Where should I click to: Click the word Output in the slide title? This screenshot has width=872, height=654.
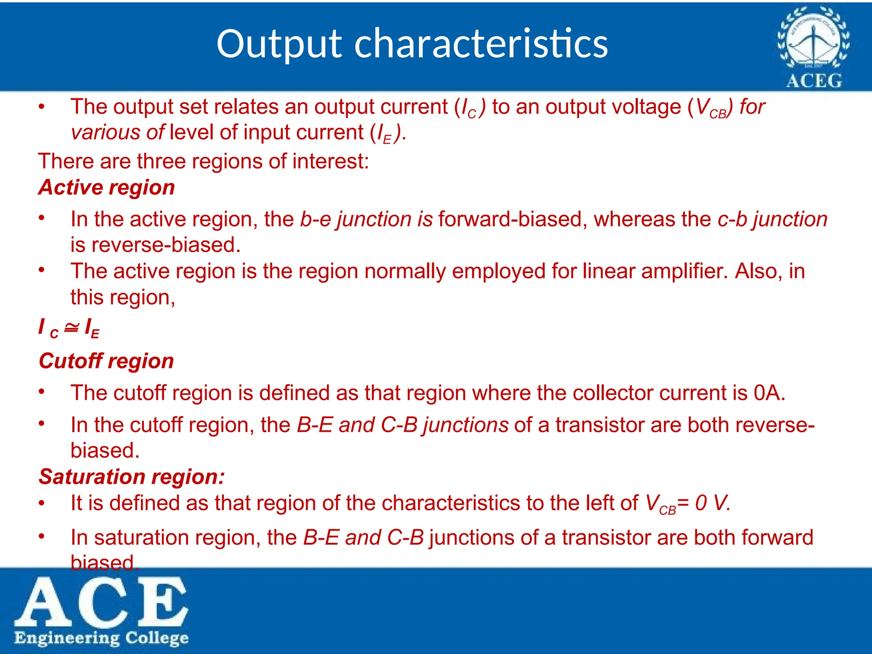point(279,44)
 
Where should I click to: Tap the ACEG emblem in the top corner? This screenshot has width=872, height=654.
point(813,47)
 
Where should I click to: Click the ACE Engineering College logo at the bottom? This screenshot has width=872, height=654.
point(101,611)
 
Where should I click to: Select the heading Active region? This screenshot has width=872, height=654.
point(106,187)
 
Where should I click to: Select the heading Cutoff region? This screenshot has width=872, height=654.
point(106,361)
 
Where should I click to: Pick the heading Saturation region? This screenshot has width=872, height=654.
point(132,477)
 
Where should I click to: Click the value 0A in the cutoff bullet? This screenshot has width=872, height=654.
point(769,393)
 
